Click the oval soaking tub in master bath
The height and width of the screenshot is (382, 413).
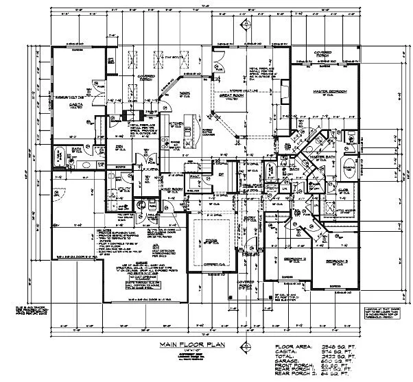click(349, 167)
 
